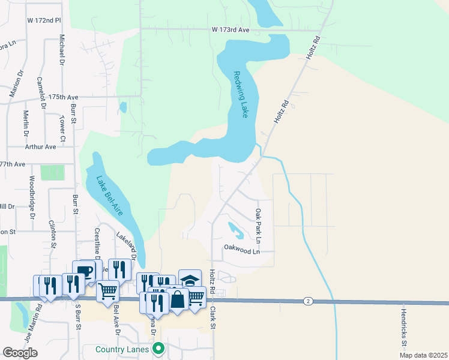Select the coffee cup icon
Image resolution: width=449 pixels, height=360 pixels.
[x=84, y=271]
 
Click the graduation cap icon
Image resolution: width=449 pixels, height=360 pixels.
[x=190, y=280]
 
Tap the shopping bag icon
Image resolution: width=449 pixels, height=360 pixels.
[x=178, y=298]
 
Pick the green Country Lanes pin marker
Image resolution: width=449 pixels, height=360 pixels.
[x=158, y=348]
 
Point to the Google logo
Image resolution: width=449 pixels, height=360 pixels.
[x=20, y=353]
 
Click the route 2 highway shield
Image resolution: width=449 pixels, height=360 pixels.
[x=307, y=300]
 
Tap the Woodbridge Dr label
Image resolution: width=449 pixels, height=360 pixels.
[x=31, y=193]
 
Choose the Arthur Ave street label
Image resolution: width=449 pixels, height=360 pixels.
[x=40, y=146]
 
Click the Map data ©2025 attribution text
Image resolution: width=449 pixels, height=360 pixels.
[x=423, y=355]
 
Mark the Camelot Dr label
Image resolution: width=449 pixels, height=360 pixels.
[x=41, y=93]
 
